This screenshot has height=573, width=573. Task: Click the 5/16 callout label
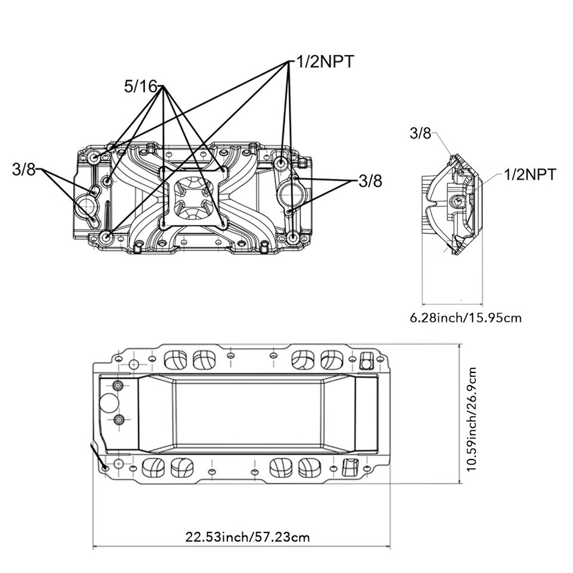(140, 87)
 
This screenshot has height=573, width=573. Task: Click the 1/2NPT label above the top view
(325, 61)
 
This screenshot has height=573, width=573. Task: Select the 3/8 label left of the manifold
(24, 170)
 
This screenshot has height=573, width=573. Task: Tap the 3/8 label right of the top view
(370, 181)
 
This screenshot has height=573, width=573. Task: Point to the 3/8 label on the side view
(420, 133)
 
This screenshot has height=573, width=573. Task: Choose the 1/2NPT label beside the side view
(530, 175)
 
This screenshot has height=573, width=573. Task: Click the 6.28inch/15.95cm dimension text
(466, 318)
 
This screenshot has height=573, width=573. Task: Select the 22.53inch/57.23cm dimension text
(247, 537)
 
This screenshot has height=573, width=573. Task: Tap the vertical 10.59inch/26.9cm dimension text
(472, 419)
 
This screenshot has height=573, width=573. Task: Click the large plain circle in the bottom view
(109, 403)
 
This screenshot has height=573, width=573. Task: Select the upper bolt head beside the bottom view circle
(118, 385)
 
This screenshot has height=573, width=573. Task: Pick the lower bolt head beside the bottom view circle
(118, 420)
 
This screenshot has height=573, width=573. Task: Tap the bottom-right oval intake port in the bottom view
(309, 467)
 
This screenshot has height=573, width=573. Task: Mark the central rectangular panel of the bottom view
(248, 414)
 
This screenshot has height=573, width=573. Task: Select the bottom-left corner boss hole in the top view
(106, 237)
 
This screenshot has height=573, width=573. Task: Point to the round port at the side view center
(457, 201)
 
